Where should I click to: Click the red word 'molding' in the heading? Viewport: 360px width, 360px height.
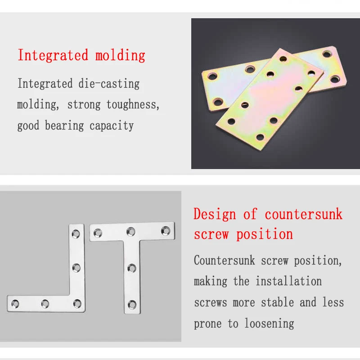pyautogui.click(x=120, y=56)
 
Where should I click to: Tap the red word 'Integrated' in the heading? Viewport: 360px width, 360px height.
pyautogui.click(x=53, y=56)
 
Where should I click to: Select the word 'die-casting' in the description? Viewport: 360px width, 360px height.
pyautogui.click(x=108, y=84)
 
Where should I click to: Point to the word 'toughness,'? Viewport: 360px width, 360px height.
pyautogui.click(x=133, y=105)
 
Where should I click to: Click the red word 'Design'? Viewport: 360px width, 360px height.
pyautogui.click(x=215, y=214)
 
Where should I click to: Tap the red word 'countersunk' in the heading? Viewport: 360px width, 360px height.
pyautogui.click(x=304, y=214)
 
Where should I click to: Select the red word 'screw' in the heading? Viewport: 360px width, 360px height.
pyautogui.click(x=211, y=234)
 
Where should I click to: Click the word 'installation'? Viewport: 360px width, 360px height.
pyautogui.click(x=289, y=282)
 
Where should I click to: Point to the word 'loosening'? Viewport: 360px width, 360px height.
pyautogui.click(x=270, y=323)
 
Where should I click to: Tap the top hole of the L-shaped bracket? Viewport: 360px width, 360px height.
pyautogui.click(x=76, y=234)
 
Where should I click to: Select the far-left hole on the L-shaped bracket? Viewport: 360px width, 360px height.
pyautogui.click(x=15, y=303)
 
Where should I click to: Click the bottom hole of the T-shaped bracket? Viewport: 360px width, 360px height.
pyautogui.click(x=131, y=304)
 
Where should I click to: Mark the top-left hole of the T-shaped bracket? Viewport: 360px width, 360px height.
pyautogui.click(x=98, y=233)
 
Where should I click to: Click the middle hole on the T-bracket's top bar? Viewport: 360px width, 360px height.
pyautogui.click(x=131, y=232)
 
